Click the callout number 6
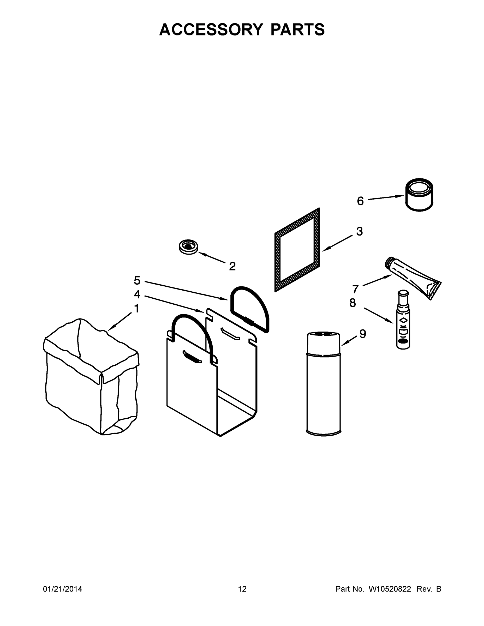tap(360, 201)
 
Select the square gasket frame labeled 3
tap(297, 250)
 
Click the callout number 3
tap(360, 231)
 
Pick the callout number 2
tap(232, 266)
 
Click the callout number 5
tap(137, 280)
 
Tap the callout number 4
tap(137, 294)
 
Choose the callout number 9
tap(363, 334)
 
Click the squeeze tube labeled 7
tap(413, 276)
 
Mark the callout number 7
tap(356, 289)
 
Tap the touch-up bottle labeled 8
tap(403, 321)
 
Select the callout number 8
tap(353, 303)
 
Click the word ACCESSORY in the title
tap(211, 29)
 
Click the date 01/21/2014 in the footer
tap(63, 589)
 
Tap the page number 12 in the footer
tap(242, 589)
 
